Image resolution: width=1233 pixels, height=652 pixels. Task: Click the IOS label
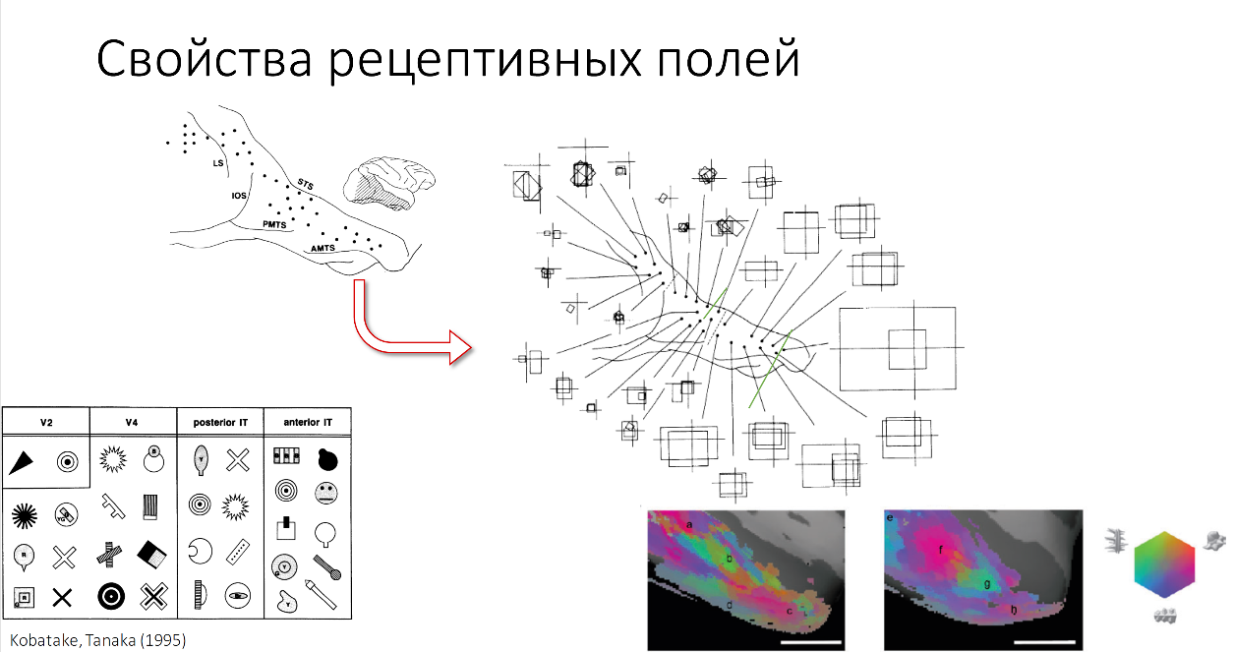pyautogui.click(x=238, y=196)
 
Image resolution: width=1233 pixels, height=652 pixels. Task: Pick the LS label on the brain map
pyautogui.click(x=218, y=162)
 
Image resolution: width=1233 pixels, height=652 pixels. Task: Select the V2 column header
pyautogui.click(x=46, y=422)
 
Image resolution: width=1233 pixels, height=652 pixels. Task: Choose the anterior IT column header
pyautogui.click(x=307, y=422)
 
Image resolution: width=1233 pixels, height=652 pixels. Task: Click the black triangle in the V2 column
pyautogui.click(x=27, y=460)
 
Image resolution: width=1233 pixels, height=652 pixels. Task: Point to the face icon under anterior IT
pyautogui.click(x=326, y=494)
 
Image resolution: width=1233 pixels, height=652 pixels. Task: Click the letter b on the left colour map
pyautogui.click(x=729, y=559)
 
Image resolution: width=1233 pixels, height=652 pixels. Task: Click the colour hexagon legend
pyautogui.click(x=1164, y=564)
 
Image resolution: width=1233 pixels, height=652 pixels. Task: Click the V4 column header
pyautogui.click(x=133, y=422)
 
